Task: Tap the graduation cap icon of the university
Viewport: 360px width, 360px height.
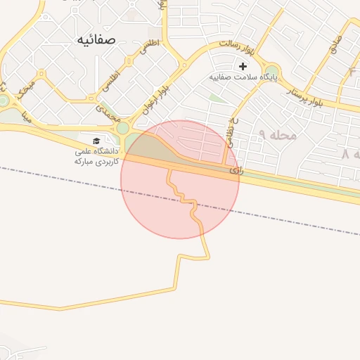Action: coord(96,141)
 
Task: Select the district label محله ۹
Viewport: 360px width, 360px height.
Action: coord(277,134)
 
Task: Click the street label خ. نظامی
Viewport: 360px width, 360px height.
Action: coord(230,130)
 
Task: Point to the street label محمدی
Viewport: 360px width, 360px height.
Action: coord(105,111)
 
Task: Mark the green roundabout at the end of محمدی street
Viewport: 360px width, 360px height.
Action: coord(123,128)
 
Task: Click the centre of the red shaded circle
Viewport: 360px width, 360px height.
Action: coord(180,179)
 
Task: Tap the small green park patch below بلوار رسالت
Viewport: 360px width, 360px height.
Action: coord(217,98)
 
